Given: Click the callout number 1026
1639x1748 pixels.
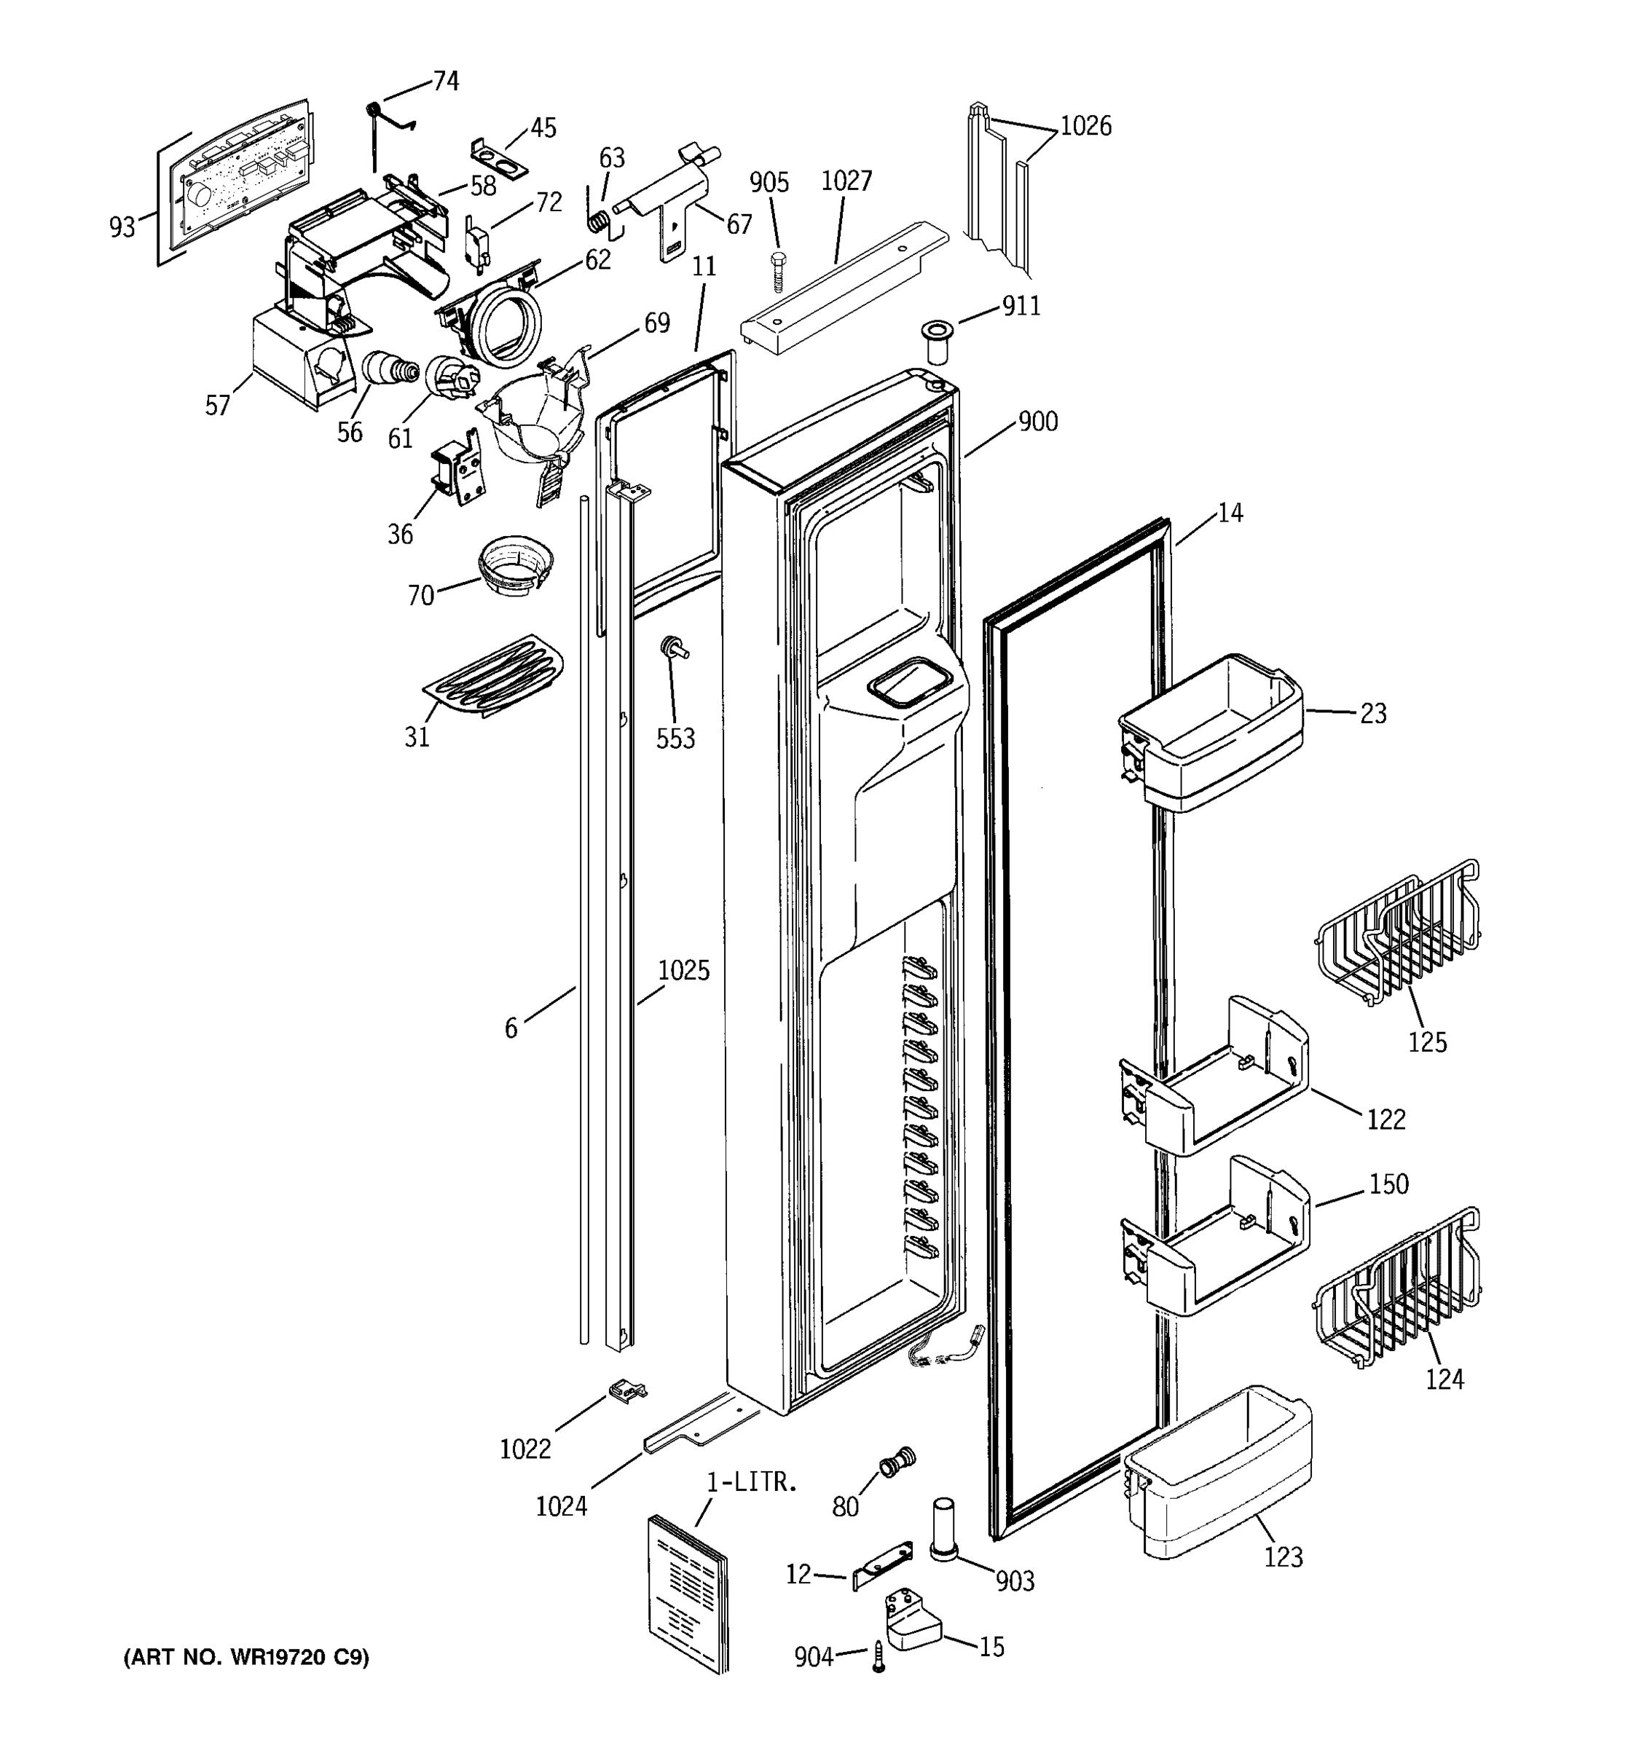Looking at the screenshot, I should [x=1085, y=127].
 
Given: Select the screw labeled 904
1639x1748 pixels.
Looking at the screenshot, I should [x=878, y=1656].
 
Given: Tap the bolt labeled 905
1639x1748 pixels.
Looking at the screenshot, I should [x=778, y=270].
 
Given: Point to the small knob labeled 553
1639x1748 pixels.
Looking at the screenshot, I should [x=675, y=648].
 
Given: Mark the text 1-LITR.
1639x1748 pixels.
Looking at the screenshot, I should [x=752, y=1481].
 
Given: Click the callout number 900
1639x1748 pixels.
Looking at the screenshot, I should [x=1037, y=422].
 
